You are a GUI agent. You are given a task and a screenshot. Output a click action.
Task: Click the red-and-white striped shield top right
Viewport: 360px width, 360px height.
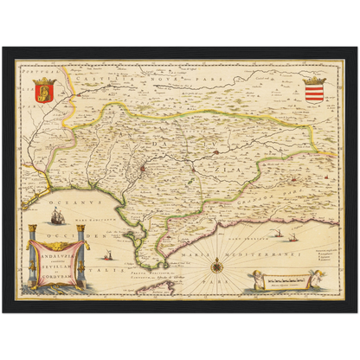(x=315, y=89)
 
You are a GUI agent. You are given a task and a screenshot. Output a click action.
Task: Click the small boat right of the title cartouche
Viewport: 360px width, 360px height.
(x=107, y=255)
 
